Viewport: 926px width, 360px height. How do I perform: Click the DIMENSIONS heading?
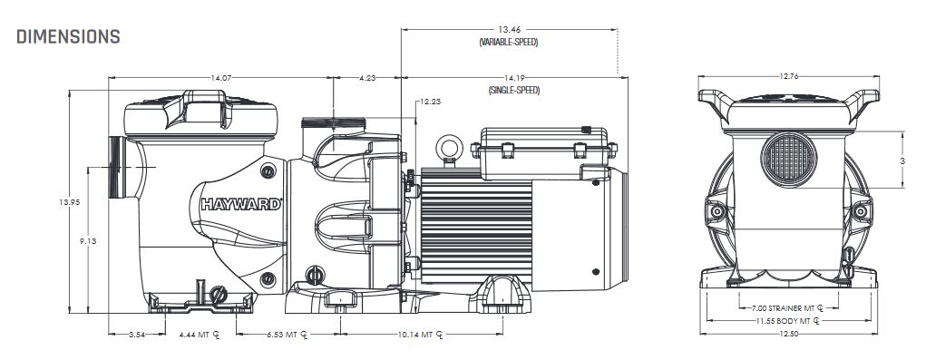[x=69, y=36]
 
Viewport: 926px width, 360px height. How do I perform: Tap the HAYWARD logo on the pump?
[x=241, y=204]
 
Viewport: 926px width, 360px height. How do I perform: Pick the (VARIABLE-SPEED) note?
[x=509, y=43]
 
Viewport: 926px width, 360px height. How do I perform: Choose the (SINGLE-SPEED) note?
[x=513, y=91]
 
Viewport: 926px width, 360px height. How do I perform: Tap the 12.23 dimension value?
[x=431, y=102]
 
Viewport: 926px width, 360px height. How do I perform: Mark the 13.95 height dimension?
[x=69, y=202]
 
